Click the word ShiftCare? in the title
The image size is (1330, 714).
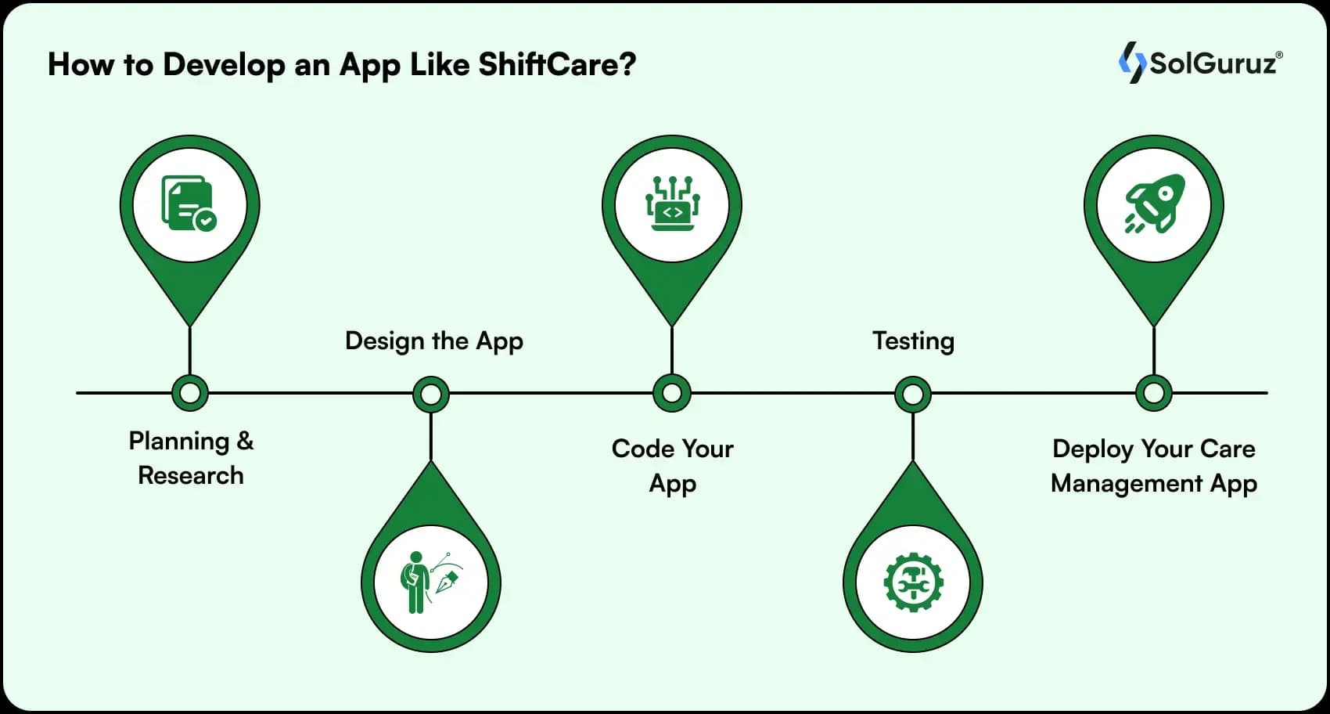point(557,64)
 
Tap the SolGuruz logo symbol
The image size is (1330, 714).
point(1132,63)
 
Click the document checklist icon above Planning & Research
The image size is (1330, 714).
point(189,203)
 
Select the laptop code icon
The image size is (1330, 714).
point(672,204)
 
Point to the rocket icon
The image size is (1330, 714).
point(1155,203)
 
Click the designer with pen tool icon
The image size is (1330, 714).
point(431,582)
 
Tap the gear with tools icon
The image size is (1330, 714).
point(913,582)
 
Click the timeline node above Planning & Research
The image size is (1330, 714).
point(190,393)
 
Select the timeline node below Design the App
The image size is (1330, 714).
point(431,394)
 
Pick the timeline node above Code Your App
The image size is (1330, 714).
point(671,393)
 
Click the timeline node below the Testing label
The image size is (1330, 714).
point(912,394)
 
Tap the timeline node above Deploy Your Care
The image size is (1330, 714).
point(1154,393)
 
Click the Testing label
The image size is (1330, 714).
point(913,342)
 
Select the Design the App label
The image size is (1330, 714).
point(434,341)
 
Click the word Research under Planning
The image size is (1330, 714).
point(191,475)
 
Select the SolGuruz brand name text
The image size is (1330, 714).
point(1213,63)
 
